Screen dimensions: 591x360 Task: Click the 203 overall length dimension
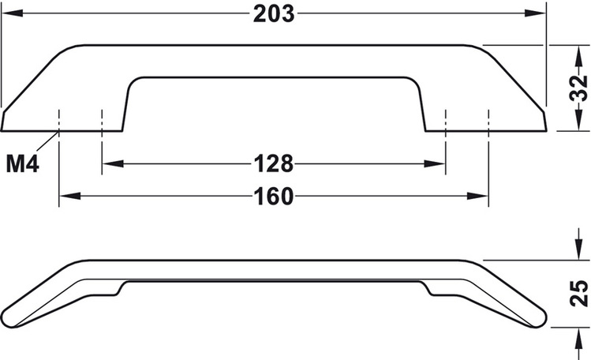(x=274, y=14)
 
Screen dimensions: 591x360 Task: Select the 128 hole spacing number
(x=274, y=164)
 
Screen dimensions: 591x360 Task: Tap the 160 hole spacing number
(x=274, y=197)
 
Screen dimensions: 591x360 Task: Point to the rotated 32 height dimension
(x=578, y=88)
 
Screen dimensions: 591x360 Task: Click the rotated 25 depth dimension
(x=578, y=293)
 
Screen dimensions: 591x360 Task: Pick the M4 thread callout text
(x=23, y=164)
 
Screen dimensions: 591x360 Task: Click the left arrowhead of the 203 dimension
(x=12, y=13)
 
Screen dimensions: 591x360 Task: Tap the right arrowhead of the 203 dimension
(x=536, y=13)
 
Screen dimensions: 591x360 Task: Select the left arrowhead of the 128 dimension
(x=113, y=164)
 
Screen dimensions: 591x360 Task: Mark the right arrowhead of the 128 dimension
(x=435, y=164)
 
